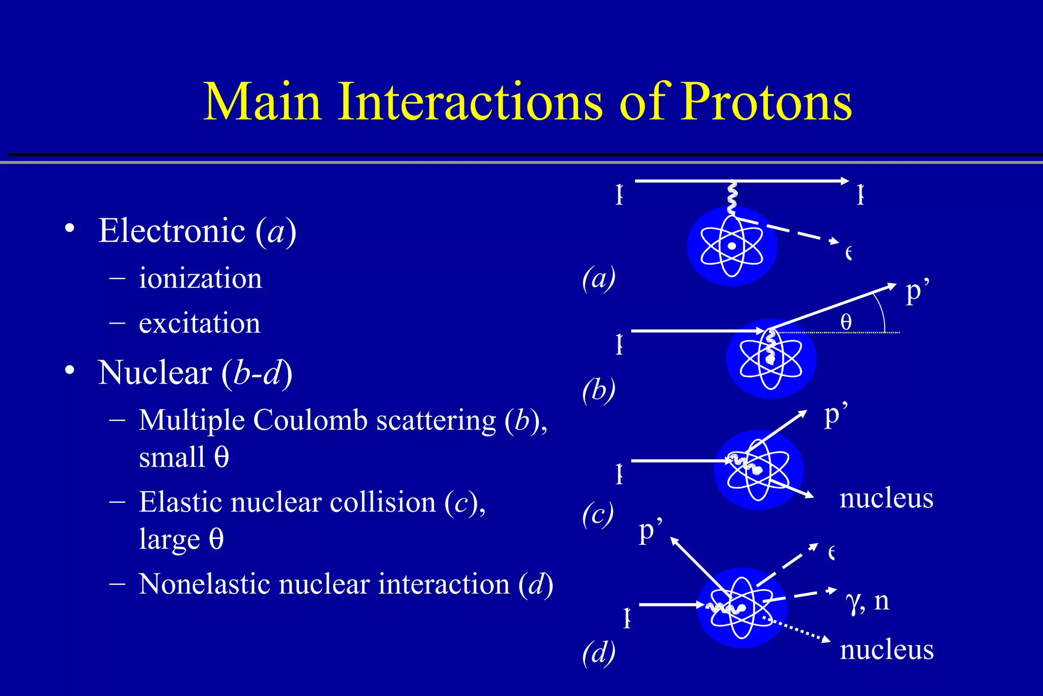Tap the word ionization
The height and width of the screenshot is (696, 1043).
(200, 278)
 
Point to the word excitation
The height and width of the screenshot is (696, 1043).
(199, 323)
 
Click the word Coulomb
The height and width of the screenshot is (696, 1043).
(310, 420)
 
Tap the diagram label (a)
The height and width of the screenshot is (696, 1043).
(598, 279)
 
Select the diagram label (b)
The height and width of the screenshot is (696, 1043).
(598, 391)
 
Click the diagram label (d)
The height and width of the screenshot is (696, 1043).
(598, 653)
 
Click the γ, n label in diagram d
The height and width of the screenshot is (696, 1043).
(867, 601)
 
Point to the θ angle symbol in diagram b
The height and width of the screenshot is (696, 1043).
(846, 322)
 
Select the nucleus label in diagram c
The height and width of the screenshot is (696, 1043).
(886, 498)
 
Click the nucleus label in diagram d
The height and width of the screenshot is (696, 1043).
(886, 650)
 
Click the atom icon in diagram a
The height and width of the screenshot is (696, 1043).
(732, 246)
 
